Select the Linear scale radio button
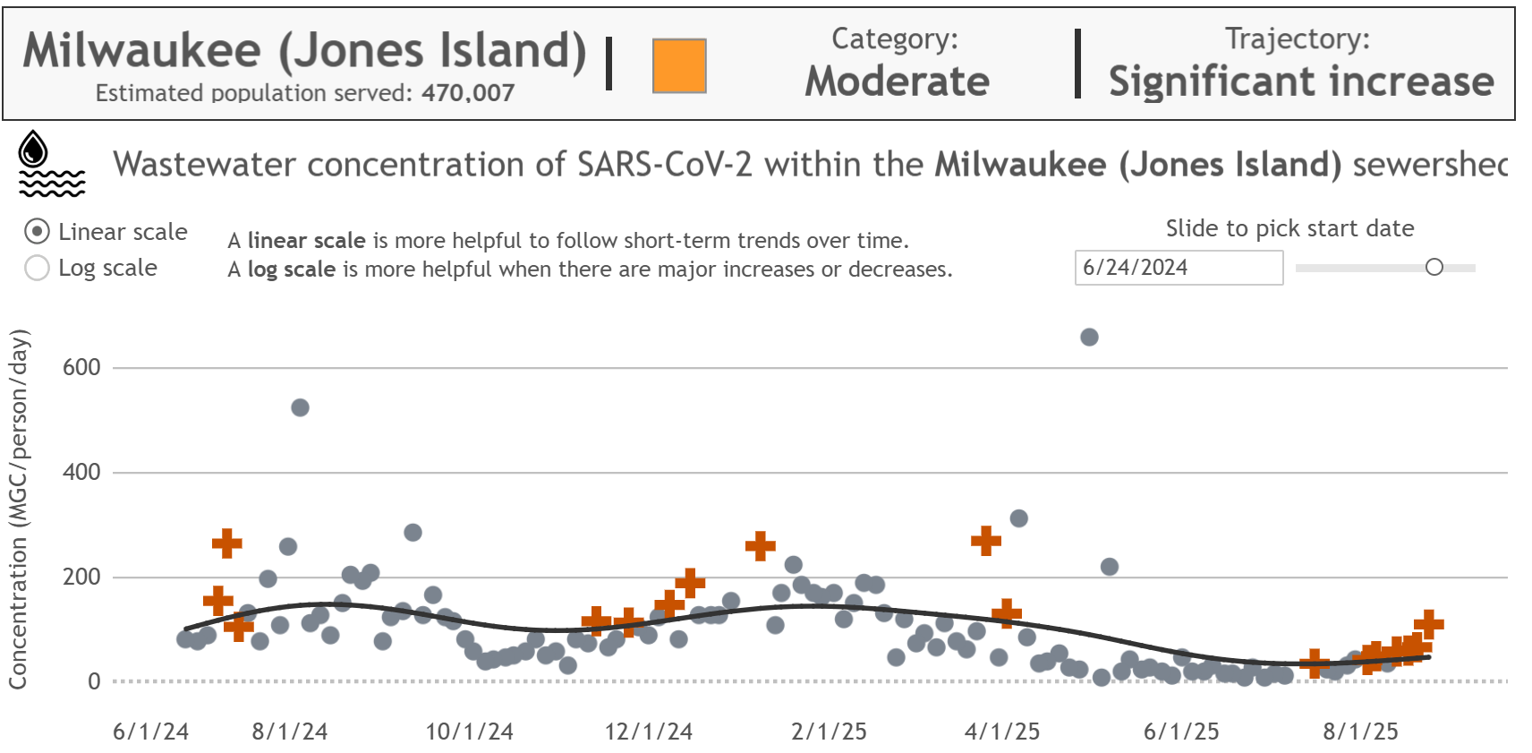37,232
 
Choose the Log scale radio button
37,268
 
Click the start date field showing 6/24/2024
1178,268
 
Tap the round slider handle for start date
1434,267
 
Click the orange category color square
679,65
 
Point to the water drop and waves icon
51,164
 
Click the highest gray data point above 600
1089,338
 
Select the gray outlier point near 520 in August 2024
300,407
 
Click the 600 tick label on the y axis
81,367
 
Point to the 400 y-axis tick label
81,472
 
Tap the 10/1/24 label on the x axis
469,732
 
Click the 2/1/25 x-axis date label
829,732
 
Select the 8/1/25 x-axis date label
1360,732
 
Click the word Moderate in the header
897,81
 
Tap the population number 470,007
468,93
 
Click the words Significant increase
1301,81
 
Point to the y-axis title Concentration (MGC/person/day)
19,509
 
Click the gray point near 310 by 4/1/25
1018,518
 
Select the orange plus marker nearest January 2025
760,545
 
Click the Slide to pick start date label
1289,228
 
